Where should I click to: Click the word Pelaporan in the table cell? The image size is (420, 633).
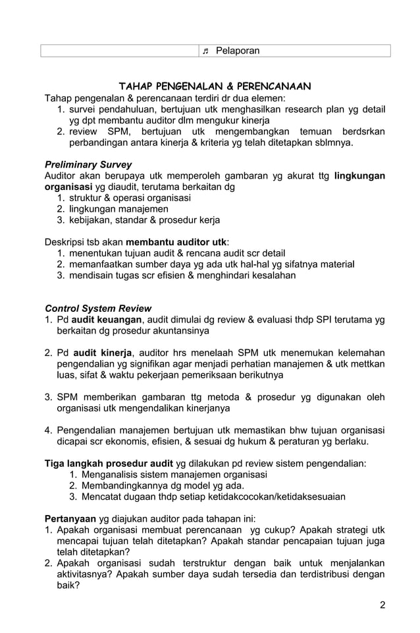click(238, 51)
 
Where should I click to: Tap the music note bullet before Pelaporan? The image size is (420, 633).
click(205, 51)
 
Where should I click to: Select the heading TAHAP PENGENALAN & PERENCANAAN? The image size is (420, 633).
click(215, 86)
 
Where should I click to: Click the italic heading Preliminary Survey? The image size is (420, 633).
click(88, 164)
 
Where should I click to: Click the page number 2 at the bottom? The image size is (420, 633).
click(382, 605)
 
